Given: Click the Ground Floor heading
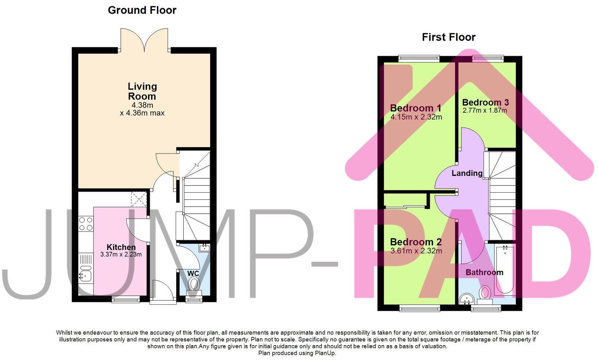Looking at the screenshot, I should (x=142, y=10).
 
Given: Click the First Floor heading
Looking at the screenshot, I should (x=448, y=37).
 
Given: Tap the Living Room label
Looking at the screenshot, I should (x=142, y=91).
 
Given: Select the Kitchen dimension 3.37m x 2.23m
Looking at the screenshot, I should (x=121, y=255).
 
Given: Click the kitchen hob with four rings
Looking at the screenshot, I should (x=86, y=223).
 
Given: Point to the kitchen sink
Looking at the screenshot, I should (x=85, y=276).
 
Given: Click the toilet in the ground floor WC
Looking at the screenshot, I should (x=194, y=285).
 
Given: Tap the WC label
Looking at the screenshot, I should (x=193, y=274).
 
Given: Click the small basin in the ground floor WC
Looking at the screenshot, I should (x=204, y=248).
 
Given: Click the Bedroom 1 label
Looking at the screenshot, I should (x=416, y=108).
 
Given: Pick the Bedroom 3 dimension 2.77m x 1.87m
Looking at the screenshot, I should (x=485, y=110).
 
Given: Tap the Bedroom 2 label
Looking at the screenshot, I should (x=416, y=242).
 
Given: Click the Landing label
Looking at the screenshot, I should (x=467, y=173).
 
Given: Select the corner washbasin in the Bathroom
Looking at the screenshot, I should (x=466, y=299).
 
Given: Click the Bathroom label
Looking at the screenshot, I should (x=484, y=273).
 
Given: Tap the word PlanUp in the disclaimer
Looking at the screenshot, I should (x=325, y=353).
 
